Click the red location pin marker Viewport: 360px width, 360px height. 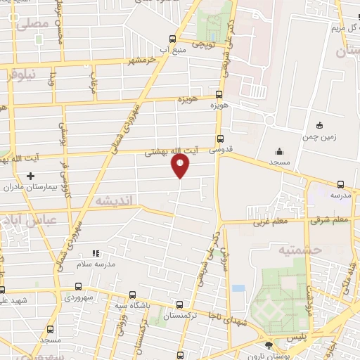tap(181, 166)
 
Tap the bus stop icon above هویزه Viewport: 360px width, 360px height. tap(219, 94)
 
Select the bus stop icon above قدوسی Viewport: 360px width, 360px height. tap(220, 139)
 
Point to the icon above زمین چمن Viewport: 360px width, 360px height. tap(320, 125)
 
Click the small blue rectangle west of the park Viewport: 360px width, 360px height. tap(238, 288)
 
